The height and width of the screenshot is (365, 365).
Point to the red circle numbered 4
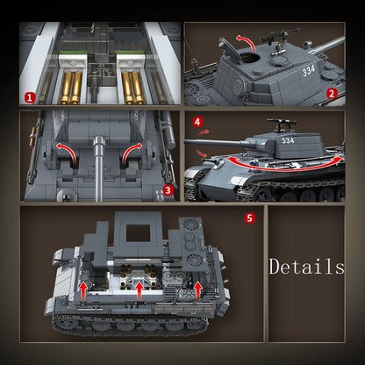click(197, 122)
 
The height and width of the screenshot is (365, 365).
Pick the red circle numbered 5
click(250, 217)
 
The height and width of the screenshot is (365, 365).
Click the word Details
click(306, 266)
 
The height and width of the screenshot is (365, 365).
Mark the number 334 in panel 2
click(308, 69)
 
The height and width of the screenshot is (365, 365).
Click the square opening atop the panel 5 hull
click(139, 233)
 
